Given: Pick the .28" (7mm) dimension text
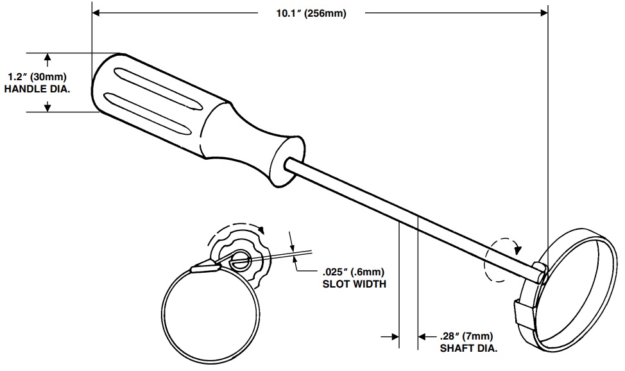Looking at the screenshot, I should (x=466, y=336).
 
